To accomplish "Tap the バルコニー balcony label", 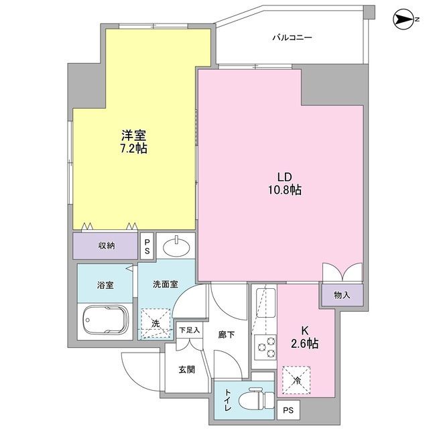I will click(x=292, y=38).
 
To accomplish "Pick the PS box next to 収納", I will click(x=147, y=246).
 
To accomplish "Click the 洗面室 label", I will click(x=164, y=284).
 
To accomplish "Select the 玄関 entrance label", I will click(x=187, y=369).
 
